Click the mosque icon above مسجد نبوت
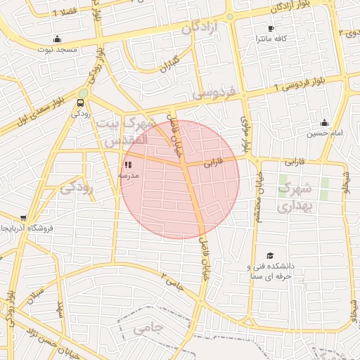coord(56,39)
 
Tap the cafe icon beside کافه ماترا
coord(271,29)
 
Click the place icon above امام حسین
coord(324,123)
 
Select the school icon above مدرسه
coord(128,165)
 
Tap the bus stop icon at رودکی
coord(78,103)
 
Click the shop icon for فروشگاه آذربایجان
coord(25,219)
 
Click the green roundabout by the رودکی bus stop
coord(83,93)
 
